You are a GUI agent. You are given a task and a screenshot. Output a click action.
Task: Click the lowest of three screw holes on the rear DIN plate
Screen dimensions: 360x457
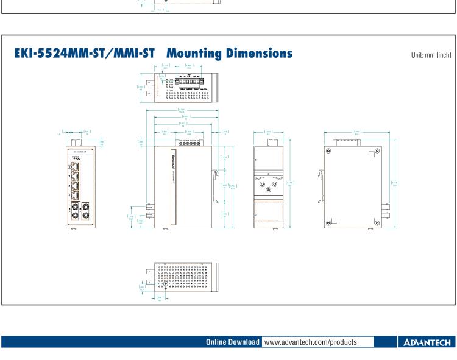click(x=268, y=189)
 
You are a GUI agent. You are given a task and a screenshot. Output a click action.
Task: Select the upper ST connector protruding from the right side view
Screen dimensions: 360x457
click(x=386, y=206)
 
